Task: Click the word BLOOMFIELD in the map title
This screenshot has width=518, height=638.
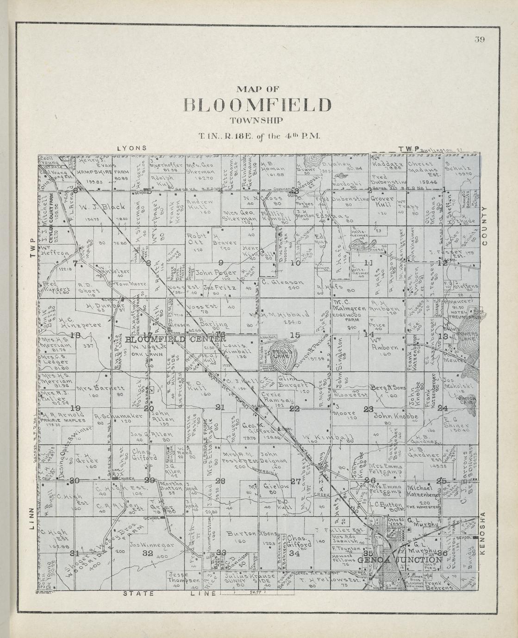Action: (258, 105)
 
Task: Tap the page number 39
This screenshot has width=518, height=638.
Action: (479, 39)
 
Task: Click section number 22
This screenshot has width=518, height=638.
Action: (294, 409)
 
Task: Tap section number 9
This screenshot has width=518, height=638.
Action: (221, 263)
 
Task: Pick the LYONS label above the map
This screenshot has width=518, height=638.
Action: (132, 148)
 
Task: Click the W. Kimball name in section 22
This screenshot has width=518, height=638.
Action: (329, 437)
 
